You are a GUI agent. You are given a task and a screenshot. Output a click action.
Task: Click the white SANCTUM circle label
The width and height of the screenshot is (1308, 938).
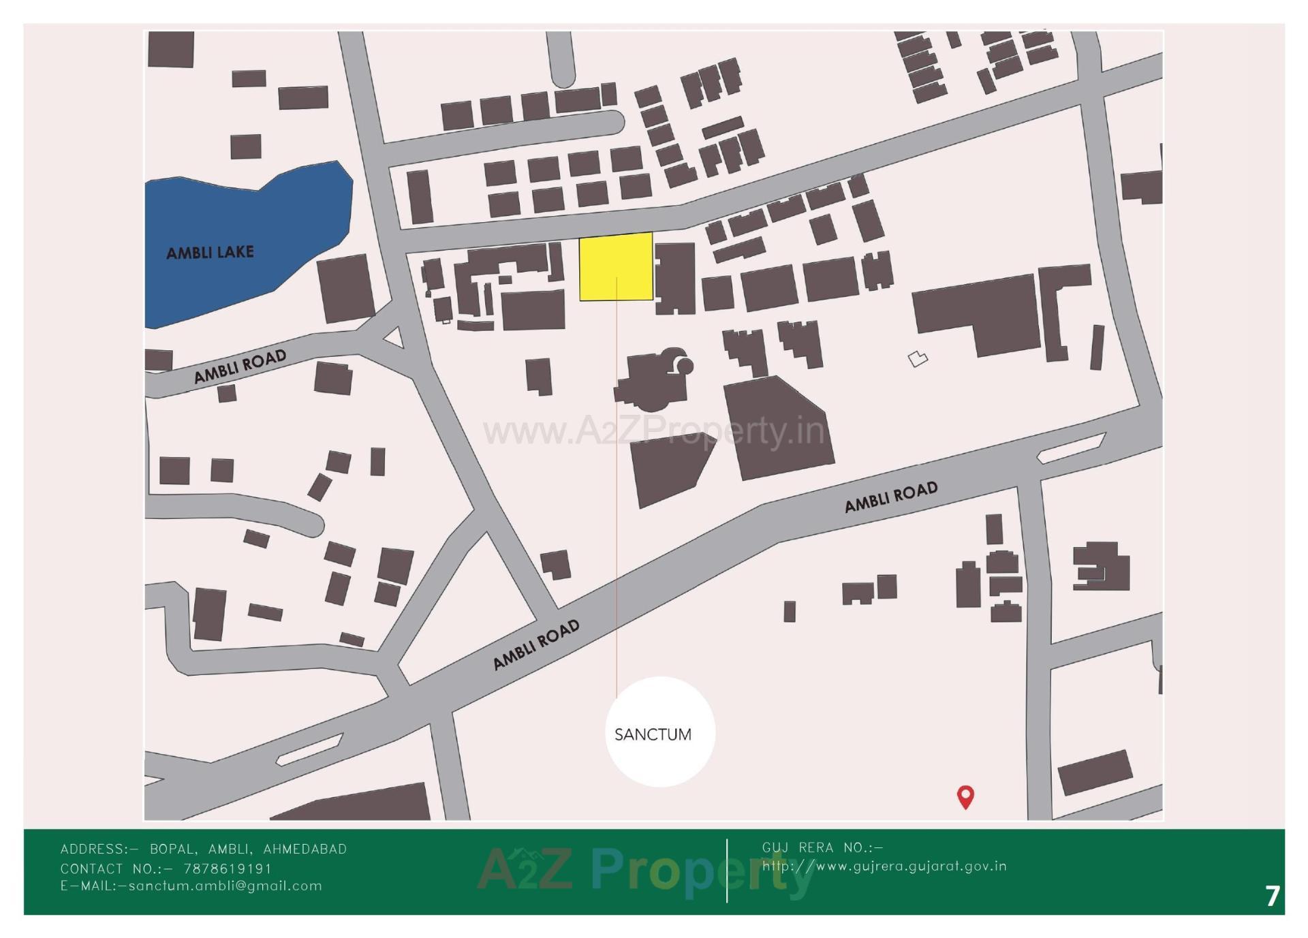click(x=659, y=732)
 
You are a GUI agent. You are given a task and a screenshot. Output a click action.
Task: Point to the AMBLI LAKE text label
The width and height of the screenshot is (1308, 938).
click(x=210, y=253)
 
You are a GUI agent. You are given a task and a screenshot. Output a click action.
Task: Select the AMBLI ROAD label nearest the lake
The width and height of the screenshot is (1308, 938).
click(x=240, y=366)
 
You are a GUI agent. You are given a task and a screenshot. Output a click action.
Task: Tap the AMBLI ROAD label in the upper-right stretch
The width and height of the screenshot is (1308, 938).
click(x=890, y=497)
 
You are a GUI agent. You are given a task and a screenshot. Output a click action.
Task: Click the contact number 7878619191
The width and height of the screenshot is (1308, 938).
click(x=228, y=869)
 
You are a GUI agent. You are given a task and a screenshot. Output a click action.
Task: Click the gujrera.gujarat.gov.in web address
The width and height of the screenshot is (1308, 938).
click(x=884, y=866)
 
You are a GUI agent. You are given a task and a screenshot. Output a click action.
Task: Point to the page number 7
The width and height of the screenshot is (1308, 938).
click(x=1272, y=896)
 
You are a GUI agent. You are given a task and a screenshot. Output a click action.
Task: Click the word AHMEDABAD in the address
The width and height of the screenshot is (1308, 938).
click(x=305, y=849)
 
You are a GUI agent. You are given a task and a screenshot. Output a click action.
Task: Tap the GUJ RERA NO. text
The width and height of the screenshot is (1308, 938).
click(x=822, y=847)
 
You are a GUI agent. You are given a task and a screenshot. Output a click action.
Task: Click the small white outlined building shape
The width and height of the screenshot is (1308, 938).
click(x=918, y=358)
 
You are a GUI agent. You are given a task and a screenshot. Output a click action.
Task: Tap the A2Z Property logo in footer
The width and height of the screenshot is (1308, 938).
click(x=644, y=871)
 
